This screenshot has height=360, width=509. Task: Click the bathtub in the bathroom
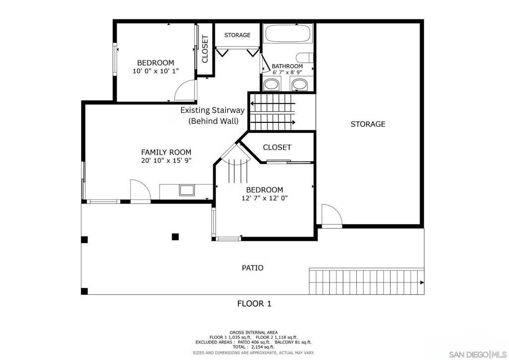(x=288, y=33)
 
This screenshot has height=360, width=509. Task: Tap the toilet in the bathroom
(x=305, y=58)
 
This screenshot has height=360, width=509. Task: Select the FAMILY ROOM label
(x=166, y=152)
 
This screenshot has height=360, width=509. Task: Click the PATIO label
(x=253, y=268)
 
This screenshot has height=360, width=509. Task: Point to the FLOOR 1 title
(x=254, y=303)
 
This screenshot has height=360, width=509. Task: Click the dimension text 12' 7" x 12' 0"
(x=264, y=198)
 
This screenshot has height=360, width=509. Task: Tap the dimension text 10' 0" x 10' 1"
(x=156, y=71)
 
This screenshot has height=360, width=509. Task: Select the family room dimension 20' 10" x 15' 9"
(x=166, y=160)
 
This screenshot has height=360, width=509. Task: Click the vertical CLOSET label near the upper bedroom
(x=205, y=49)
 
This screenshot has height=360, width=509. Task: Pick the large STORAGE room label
(x=368, y=124)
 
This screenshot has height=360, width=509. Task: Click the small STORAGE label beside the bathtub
(x=237, y=35)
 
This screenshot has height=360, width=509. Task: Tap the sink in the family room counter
(x=187, y=190)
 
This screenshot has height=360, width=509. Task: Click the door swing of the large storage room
(x=332, y=215)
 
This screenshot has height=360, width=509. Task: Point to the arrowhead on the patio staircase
(x=422, y=282)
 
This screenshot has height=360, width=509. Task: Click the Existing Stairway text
(x=212, y=110)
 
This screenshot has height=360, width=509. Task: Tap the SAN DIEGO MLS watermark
(x=478, y=354)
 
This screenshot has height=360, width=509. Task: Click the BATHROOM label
(x=287, y=66)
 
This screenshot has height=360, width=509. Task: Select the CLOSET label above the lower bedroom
(x=277, y=147)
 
